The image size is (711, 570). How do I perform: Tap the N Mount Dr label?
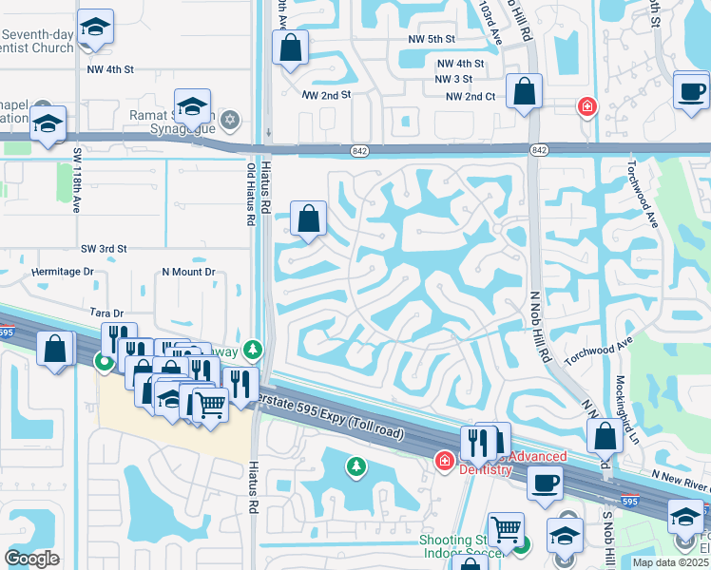point(189,272)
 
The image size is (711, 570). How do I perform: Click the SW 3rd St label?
point(104,249)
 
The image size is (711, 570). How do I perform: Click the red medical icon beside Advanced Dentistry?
point(443,462)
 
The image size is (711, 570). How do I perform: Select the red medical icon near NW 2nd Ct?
point(587,105)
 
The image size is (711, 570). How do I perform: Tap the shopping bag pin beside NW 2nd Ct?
point(524,92)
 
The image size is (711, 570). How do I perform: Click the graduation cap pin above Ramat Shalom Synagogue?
point(191,106)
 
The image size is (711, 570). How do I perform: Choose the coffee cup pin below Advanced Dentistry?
point(545,483)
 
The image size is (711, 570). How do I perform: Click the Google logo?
point(31,558)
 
